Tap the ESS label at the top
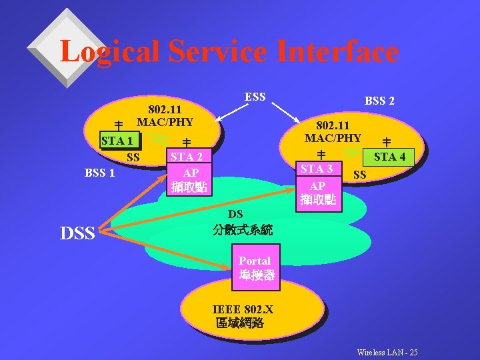255,97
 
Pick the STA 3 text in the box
318,169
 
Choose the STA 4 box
390,157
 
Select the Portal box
254,268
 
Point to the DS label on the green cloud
235,214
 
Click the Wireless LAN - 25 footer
387,352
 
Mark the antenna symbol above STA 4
386,141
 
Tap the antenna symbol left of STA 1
118,125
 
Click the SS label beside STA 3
359,175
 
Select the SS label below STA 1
133,158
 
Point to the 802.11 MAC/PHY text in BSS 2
333,131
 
